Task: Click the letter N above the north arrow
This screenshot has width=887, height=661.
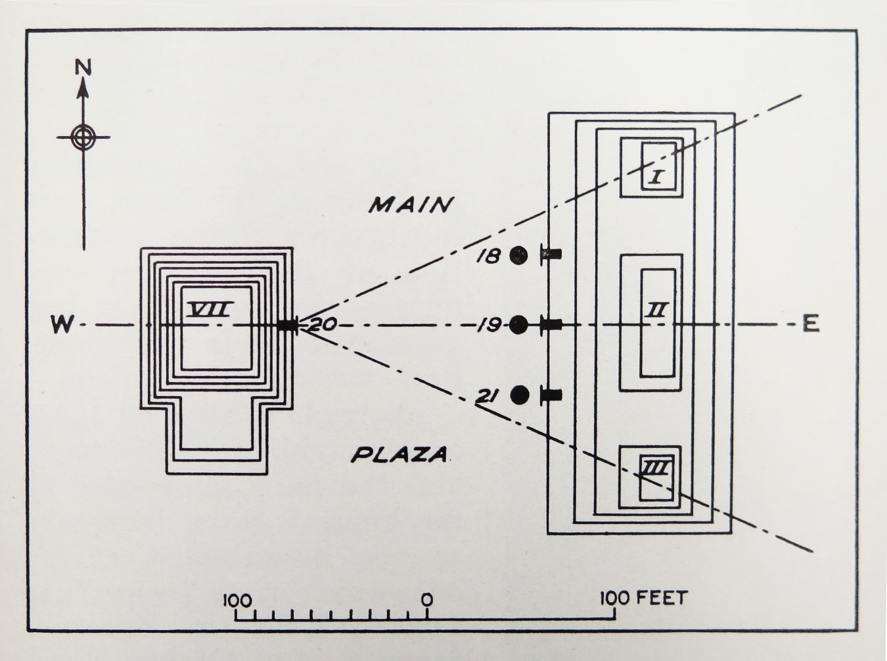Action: click(x=83, y=68)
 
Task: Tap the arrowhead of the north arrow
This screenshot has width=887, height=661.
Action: click(x=83, y=89)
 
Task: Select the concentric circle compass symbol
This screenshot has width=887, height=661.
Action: click(x=83, y=137)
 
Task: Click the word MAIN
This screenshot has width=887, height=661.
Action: click(x=411, y=205)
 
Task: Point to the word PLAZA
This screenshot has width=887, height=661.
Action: click(x=399, y=454)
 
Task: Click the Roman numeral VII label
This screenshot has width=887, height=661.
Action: click(x=210, y=308)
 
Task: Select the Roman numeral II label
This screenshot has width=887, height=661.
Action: click(x=658, y=309)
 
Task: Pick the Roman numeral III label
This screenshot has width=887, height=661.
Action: click(x=656, y=469)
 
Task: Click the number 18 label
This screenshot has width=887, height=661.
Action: click(x=489, y=256)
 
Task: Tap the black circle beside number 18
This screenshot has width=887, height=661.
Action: click(x=518, y=255)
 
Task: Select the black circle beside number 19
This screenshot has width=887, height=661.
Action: click(x=519, y=324)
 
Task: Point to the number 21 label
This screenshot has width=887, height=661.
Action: click(x=489, y=396)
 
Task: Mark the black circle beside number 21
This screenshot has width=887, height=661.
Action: click(x=520, y=395)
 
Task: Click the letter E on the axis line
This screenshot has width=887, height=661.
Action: click(x=811, y=324)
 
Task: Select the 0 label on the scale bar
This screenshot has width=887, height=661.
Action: click(x=427, y=599)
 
